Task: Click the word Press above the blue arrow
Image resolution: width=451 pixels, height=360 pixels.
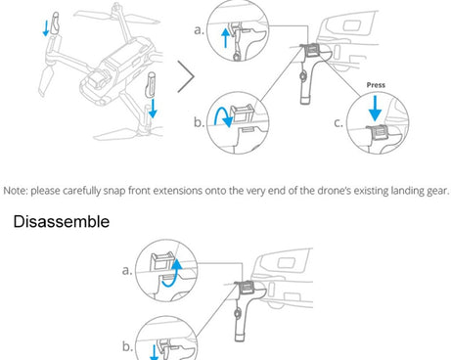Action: pyautogui.click(x=376, y=85)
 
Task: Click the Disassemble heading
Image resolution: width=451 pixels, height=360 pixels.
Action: pyautogui.click(x=62, y=222)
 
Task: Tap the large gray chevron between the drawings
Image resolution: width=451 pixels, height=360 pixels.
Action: pyautogui.click(x=186, y=76)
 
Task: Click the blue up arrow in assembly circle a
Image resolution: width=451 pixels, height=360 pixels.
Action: pyautogui.click(x=225, y=38)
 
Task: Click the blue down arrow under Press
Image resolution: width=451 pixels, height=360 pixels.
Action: pyautogui.click(x=375, y=109)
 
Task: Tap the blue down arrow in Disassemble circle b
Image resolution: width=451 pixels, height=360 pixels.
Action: pyautogui.click(x=154, y=353)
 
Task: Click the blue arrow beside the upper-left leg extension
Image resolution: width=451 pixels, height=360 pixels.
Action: pyautogui.click(x=46, y=28)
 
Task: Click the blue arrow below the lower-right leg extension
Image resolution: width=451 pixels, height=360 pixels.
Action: pyautogui.click(x=153, y=109)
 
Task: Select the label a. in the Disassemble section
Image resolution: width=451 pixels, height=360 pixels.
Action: pyautogui.click(x=127, y=270)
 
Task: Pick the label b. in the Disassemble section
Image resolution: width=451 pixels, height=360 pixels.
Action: pyautogui.click(x=127, y=346)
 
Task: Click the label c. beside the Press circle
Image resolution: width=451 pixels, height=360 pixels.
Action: pyautogui.click(x=338, y=123)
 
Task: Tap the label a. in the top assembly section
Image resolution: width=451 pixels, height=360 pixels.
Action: pyautogui.click(x=199, y=30)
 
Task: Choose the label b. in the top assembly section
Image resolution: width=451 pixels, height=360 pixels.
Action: pyautogui.click(x=199, y=122)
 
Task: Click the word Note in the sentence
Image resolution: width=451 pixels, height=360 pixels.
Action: pyautogui.click(x=15, y=191)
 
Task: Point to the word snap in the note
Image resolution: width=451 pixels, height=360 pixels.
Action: pyautogui.click(x=114, y=191)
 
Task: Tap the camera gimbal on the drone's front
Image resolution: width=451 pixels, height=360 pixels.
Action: pyautogui.click(x=97, y=80)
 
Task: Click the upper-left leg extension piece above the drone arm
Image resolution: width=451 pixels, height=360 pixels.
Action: pyautogui.click(x=56, y=23)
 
